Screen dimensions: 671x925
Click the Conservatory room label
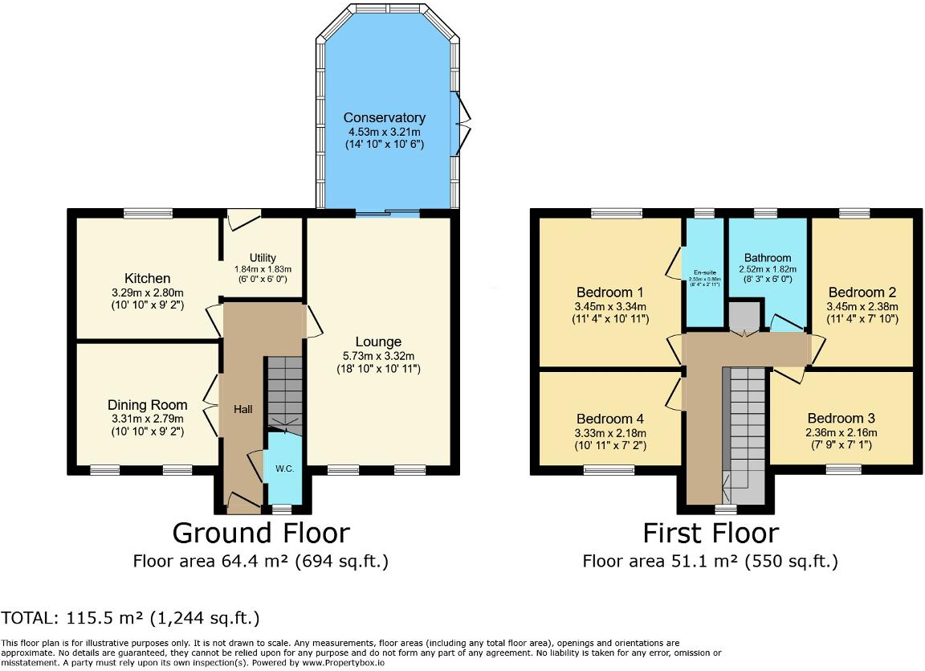[x=384, y=118]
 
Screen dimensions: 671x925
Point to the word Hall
[x=242, y=410]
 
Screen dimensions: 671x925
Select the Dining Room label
[x=147, y=405]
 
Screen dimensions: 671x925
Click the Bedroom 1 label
[x=611, y=292]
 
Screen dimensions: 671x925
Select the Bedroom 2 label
[x=862, y=292]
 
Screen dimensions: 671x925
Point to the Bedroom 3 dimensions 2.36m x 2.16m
[x=841, y=432]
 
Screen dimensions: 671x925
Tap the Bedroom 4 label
[x=610, y=419]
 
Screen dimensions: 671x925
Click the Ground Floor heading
[x=261, y=533]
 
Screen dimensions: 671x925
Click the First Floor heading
[x=710, y=533]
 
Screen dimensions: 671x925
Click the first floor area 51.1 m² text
[x=710, y=561]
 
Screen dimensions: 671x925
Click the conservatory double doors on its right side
[x=463, y=122]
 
